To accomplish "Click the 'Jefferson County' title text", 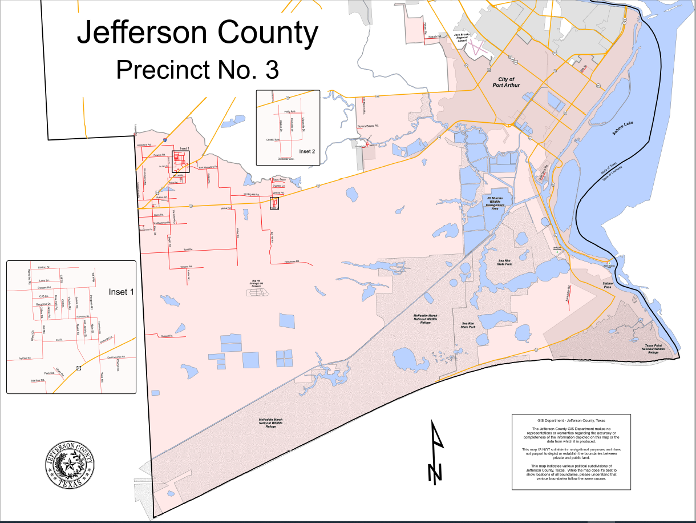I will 197,34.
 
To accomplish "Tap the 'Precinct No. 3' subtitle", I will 197,70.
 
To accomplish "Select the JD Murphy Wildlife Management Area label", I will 495,203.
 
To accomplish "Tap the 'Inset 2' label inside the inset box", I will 306,151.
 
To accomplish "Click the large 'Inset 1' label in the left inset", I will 121,292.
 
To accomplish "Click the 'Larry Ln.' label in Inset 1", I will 45,280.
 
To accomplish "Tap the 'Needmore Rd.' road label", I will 292,262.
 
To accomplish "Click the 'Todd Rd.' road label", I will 188,250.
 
